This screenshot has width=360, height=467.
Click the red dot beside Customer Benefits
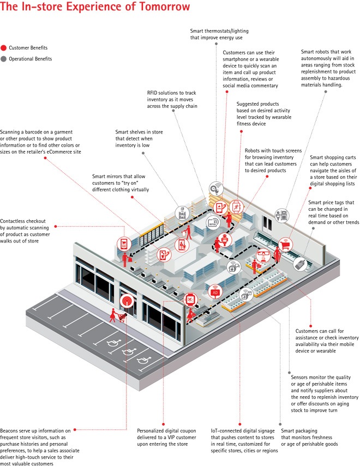point(4,48)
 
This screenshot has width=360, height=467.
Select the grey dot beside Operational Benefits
point(4,59)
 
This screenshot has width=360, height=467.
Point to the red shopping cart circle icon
point(285,245)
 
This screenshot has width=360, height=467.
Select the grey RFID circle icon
point(213,222)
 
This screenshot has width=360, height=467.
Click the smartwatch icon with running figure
point(236,207)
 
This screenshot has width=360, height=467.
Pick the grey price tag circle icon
point(300,264)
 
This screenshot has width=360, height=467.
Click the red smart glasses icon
point(263,255)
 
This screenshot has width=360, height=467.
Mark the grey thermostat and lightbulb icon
point(216,189)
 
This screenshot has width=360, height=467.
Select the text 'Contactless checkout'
point(23,221)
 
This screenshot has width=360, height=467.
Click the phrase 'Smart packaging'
point(299,430)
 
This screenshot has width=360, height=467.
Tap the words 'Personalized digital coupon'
point(166,430)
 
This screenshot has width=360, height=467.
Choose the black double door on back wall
point(267,223)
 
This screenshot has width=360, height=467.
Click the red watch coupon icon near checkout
point(190,300)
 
